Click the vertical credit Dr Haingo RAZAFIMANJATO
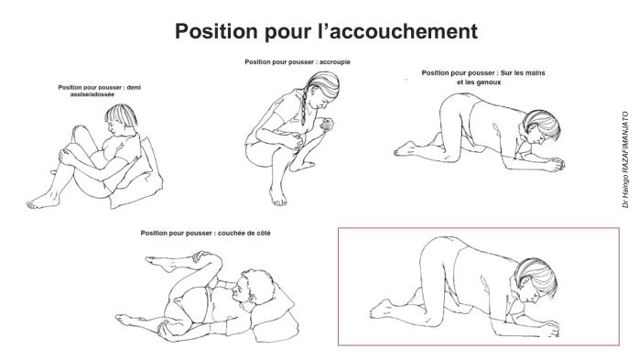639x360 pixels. [x=625, y=161]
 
